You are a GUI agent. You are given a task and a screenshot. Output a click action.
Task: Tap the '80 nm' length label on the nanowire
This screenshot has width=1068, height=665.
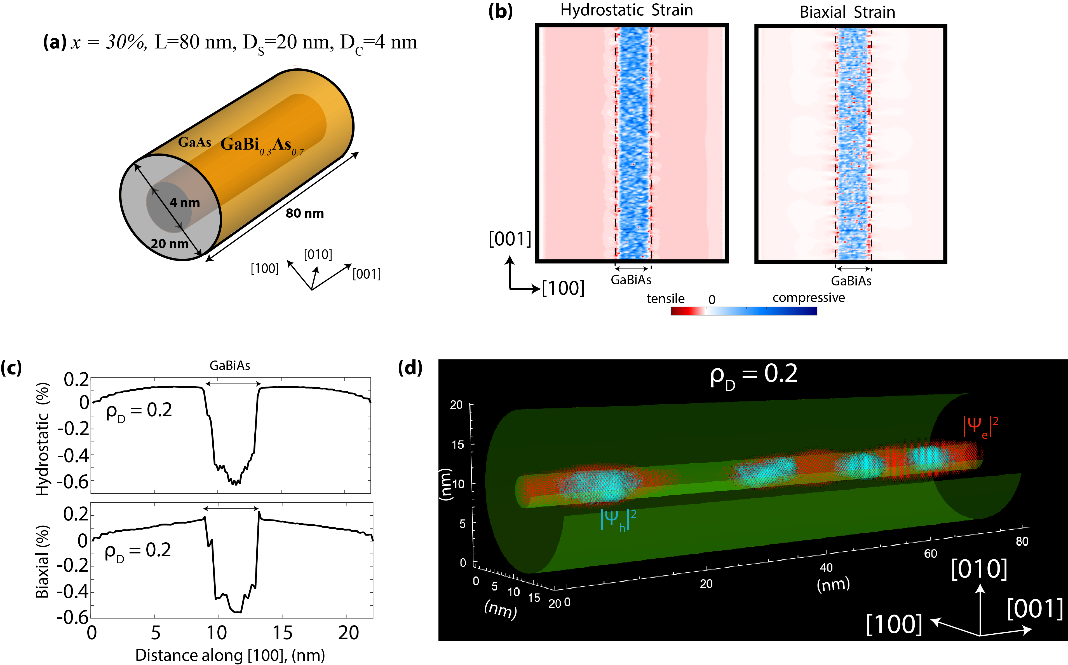[x=304, y=213]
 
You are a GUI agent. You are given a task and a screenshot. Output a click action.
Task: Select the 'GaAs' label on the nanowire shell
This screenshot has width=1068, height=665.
[x=194, y=142]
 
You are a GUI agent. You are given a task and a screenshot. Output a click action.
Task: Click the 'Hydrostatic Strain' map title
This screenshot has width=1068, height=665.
[x=626, y=10]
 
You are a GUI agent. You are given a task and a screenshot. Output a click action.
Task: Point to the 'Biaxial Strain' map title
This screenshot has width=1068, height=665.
[x=847, y=12]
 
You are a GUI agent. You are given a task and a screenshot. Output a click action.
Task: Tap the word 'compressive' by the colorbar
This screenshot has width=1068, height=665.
[x=808, y=298]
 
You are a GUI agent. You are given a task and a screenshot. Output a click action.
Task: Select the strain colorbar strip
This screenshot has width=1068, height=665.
[x=744, y=311]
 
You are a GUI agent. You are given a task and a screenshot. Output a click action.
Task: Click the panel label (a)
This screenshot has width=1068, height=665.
[x=55, y=42]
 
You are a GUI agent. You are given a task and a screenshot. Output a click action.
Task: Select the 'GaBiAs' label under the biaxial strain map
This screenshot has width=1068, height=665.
[x=851, y=281]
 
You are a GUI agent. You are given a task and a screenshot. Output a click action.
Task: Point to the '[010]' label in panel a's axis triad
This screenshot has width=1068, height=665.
[x=318, y=254]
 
